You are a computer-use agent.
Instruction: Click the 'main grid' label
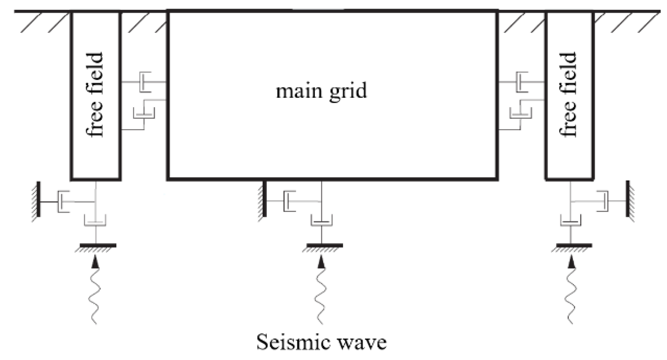(321, 91)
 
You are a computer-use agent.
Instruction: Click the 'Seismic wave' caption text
(321, 342)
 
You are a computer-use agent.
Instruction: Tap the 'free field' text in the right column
(569, 95)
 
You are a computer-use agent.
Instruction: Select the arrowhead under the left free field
(95, 262)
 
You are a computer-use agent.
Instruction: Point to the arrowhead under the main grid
(321, 262)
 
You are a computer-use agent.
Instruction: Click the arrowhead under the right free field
(571, 262)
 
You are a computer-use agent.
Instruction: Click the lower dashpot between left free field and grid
(144, 114)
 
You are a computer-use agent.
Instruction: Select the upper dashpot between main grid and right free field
(521, 82)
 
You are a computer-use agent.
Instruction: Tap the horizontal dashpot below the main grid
(289, 200)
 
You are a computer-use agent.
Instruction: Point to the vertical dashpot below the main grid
(321, 220)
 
